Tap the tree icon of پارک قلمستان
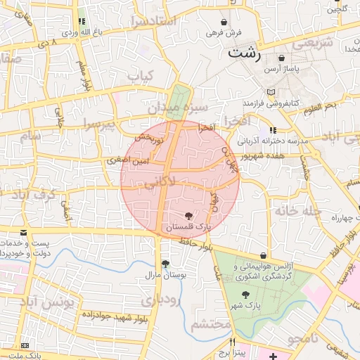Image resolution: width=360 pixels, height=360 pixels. [188, 216]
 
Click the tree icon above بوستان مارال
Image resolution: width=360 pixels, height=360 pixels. [166, 264]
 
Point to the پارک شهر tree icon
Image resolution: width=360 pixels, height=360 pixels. [245, 295]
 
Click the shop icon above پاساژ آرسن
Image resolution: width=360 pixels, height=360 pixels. [282, 58]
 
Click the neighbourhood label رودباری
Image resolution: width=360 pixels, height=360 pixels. [161, 300]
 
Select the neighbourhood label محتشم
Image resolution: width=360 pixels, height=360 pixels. [211, 324]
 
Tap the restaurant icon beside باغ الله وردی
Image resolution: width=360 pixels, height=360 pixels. [82, 22]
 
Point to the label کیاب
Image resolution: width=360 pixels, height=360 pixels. [140, 75]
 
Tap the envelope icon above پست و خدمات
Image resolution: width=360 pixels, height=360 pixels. [24, 232]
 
